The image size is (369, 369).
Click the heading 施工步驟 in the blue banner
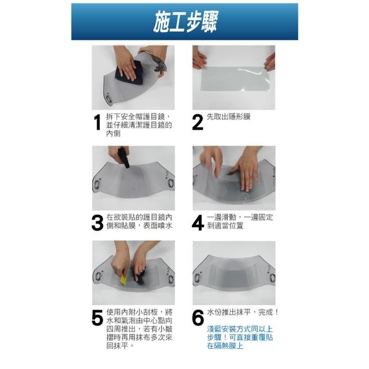(186, 22)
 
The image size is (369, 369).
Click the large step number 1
(97, 122)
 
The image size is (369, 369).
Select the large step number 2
(197, 122)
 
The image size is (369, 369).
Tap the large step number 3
(97, 223)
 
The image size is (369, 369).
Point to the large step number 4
(198, 223)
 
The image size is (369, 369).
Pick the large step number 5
(97, 318)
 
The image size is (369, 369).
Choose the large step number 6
(198, 318)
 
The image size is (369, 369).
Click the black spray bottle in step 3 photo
(124, 157)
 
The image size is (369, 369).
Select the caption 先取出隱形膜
(228, 116)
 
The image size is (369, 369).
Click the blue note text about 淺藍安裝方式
(240, 337)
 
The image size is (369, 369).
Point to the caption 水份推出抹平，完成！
(243, 312)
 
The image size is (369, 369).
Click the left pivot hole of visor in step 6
(197, 278)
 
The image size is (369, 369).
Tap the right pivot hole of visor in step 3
(171, 183)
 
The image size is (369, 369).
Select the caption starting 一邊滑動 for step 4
(240, 221)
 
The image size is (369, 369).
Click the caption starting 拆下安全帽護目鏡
(139, 125)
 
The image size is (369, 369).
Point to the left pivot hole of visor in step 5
(98, 277)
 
